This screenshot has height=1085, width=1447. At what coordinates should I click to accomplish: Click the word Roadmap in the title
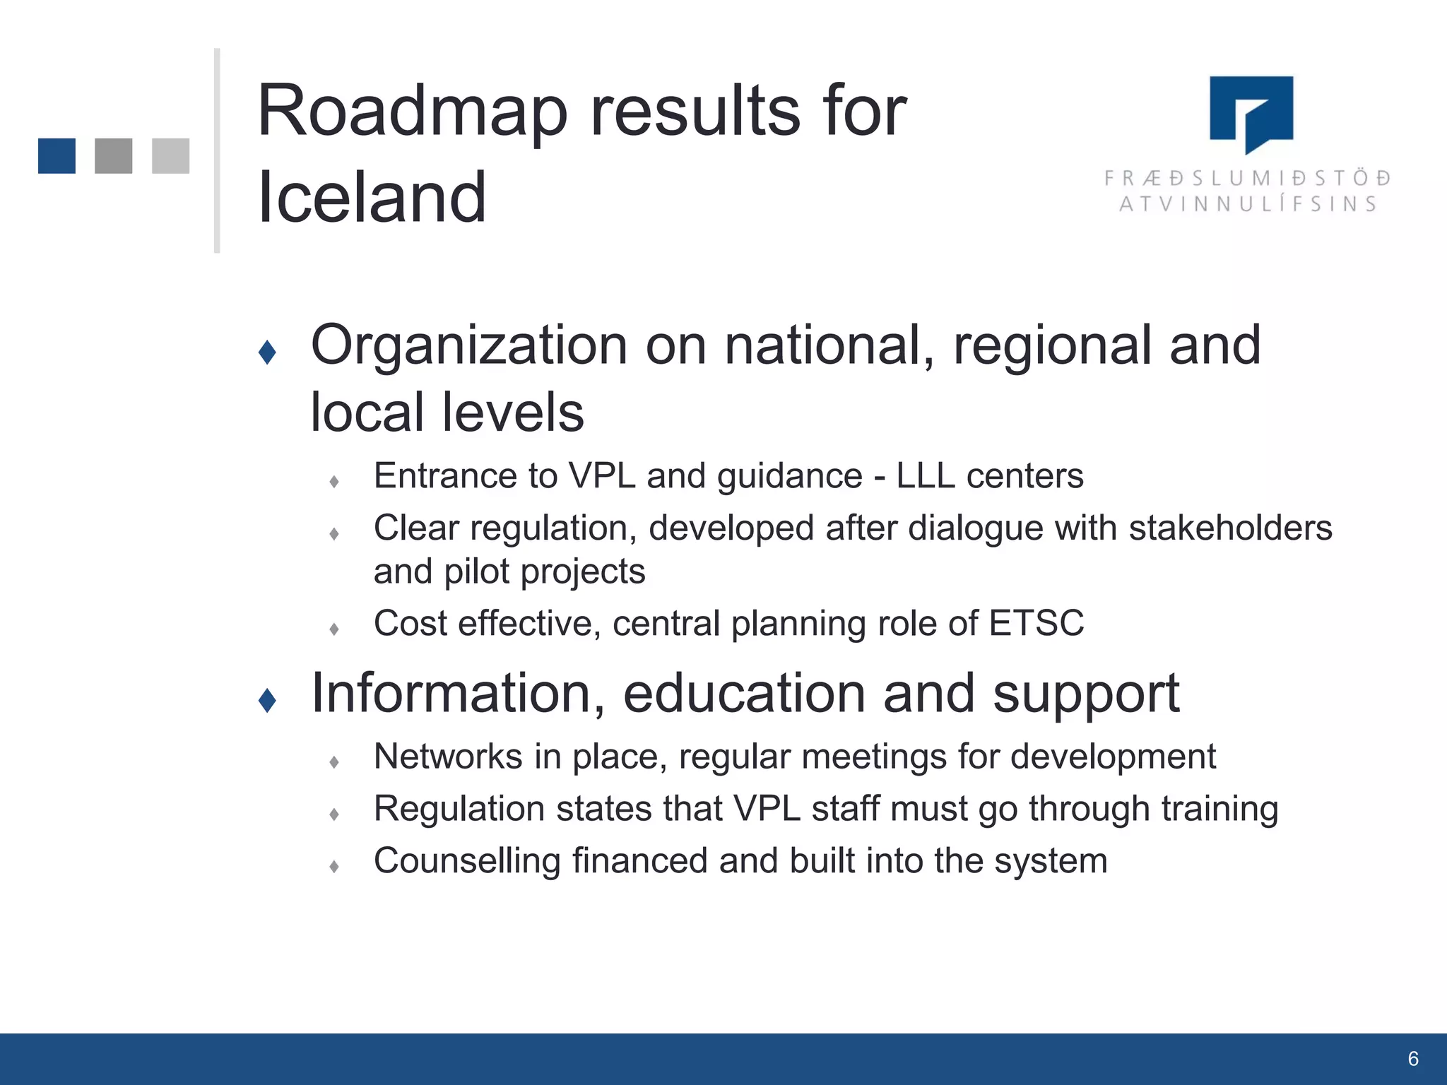coord(413,112)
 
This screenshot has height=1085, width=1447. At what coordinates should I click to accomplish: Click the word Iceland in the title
coord(372,198)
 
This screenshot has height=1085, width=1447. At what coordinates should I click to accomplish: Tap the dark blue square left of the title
coord(57,156)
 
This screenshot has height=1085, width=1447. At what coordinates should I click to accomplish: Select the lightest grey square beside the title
coord(170,156)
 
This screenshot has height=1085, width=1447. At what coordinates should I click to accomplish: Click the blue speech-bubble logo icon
coord(1251,113)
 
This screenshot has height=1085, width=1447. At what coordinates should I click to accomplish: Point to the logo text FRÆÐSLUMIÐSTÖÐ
coord(1248,178)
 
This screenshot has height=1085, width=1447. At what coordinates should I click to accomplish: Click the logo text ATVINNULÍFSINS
coord(1248,205)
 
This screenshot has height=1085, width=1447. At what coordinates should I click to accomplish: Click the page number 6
coord(1412,1059)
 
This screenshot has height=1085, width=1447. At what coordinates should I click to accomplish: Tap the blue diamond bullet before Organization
coord(267,352)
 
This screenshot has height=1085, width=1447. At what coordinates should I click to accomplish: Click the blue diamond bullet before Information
coord(267,700)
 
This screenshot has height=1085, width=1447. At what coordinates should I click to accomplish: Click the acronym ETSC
coord(1036,624)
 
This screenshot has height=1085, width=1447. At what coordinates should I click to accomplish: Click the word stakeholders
coord(1230,528)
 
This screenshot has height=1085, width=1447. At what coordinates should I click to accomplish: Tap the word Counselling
coord(467,861)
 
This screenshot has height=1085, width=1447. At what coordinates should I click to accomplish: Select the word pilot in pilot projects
coord(476,572)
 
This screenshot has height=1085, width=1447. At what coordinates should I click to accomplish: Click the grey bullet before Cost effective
coord(334,629)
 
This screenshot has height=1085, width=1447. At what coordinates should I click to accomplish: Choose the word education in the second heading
coord(744,694)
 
